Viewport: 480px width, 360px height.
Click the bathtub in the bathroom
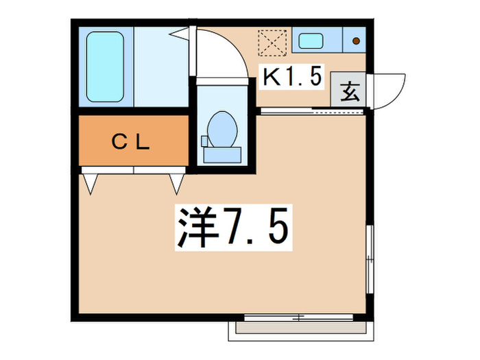[x=105, y=67]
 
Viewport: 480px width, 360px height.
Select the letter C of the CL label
[x=118, y=143]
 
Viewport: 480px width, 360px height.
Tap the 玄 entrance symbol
[x=350, y=91]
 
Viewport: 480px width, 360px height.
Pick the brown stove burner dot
[x=356, y=40]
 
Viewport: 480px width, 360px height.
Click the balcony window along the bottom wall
[x=301, y=317]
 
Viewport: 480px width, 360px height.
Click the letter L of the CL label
[x=143, y=143]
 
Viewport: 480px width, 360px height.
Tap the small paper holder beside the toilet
[x=204, y=141]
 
